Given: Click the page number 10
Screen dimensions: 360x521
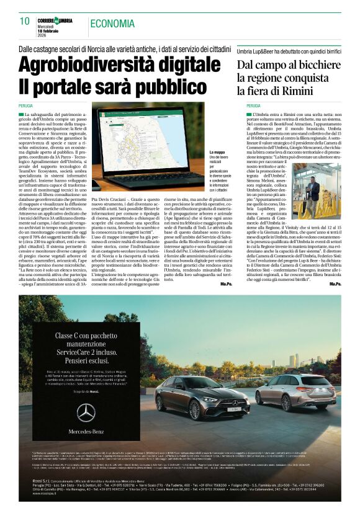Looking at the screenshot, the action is pyautogui.click(x=25, y=21).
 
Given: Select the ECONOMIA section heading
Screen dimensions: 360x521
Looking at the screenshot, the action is pyautogui.click(x=112, y=24).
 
